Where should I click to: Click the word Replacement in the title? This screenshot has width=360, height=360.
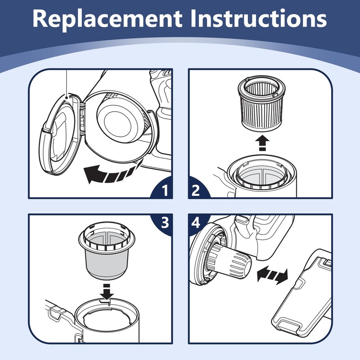[x=107, y=19]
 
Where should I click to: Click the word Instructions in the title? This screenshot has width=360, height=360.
[x=259, y=18]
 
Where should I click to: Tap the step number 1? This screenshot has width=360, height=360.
[x=165, y=190]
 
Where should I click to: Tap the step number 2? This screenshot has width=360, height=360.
[x=196, y=190]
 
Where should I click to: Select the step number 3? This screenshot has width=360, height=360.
[x=165, y=222]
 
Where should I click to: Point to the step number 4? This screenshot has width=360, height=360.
[x=196, y=222]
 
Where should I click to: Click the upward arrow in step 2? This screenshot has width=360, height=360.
[x=262, y=144]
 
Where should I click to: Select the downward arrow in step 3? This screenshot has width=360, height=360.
[x=107, y=292]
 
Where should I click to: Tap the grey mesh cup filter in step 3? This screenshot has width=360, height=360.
[x=107, y=251]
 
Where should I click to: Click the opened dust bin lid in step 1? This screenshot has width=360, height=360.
[x=60, y=134]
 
